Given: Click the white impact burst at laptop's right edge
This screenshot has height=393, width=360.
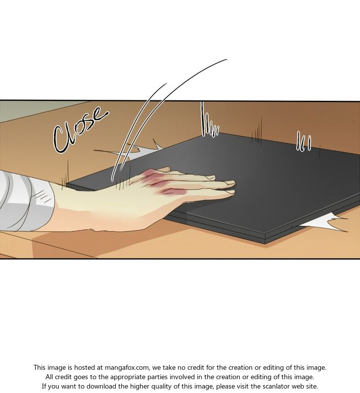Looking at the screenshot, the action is [326, 222].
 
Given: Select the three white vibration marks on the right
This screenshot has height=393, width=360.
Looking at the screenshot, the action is [304, 141].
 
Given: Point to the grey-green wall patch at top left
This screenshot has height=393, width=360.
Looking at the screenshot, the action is [38, 110].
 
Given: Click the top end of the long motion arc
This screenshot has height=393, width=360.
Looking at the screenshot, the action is [226, 60].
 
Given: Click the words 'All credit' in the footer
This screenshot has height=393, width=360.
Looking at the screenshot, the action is [60, 377].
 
